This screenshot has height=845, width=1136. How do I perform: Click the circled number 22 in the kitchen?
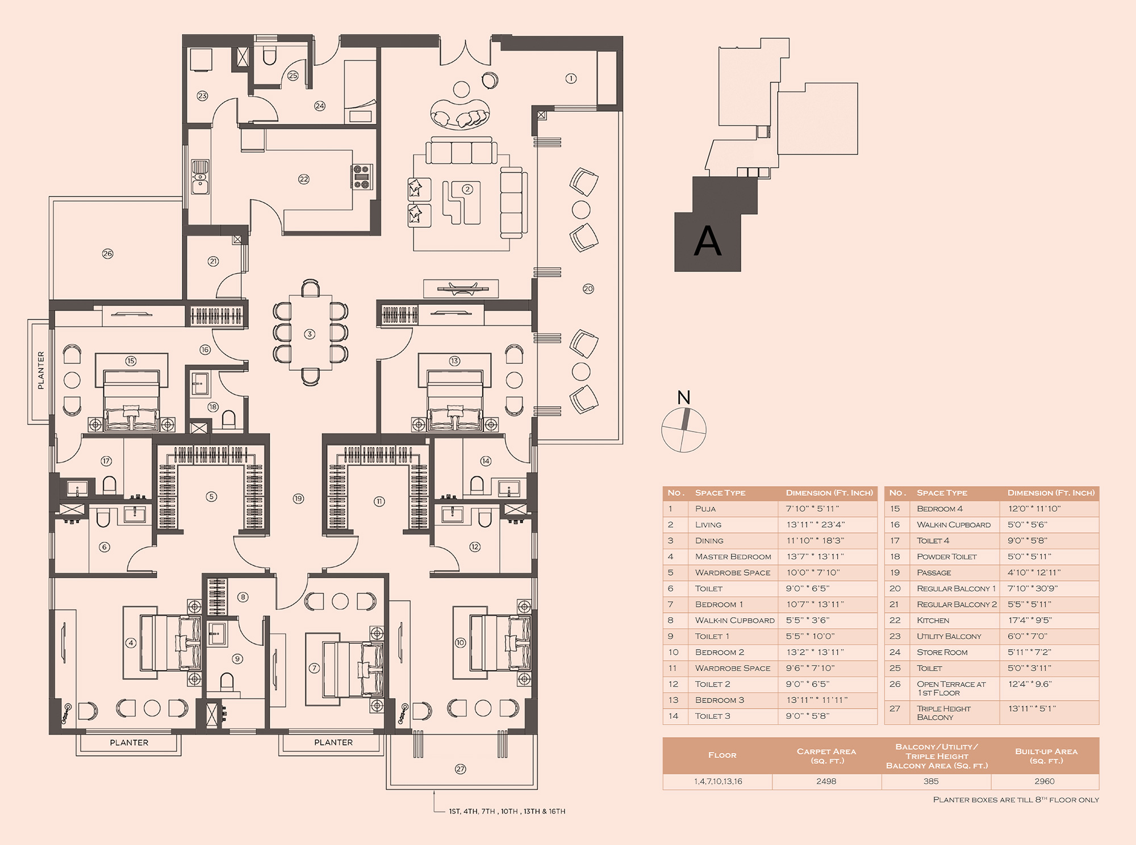click(x=304, y=179)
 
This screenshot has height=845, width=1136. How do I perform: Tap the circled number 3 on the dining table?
click(x=310, y=334)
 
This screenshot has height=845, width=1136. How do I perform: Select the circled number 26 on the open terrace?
click(x=107, y=253)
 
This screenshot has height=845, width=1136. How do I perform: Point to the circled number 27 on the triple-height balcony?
click(x=460, y=769)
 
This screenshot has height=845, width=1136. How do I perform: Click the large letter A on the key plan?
click(x=708, y=241)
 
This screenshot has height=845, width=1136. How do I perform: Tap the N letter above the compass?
click(x=684, y=398)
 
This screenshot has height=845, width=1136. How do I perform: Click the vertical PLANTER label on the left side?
click(x=40, y=370)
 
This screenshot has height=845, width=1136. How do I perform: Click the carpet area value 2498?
click(x=826, y=781)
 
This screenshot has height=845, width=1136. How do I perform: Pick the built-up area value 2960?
click(x=1045, y=781)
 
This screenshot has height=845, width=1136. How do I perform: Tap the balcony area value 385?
click(x=931, y=781)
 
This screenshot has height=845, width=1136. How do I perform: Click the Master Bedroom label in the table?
click(x=733, y=557)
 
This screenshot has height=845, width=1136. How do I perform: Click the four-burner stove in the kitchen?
click(x=362, y=177)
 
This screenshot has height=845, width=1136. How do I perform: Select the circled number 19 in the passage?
click(x=298, y=499)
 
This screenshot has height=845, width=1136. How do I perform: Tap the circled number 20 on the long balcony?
click(x=588, y=288)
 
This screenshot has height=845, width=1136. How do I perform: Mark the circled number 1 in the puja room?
click(x=571, y=78)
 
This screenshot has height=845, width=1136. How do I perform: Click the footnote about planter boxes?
click(x=1016, y=800)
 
